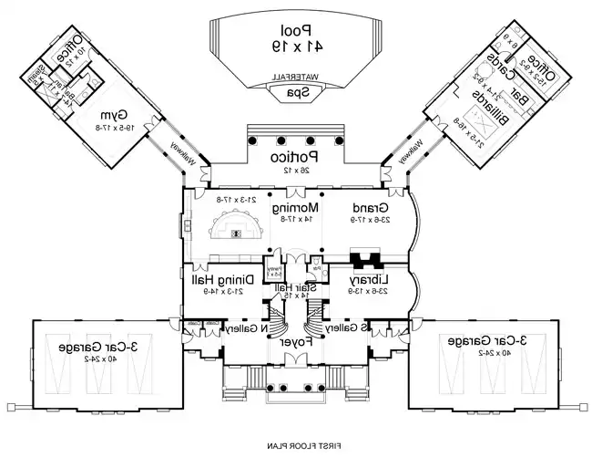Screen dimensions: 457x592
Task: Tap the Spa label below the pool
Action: [295, 92]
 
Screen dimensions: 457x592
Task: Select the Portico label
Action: [296, 158]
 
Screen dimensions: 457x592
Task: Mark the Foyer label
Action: [295, 343]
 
